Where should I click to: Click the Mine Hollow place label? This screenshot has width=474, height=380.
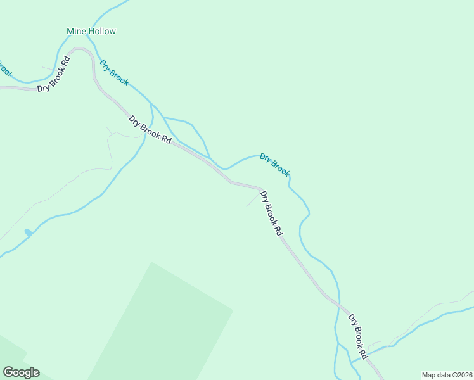(91, 31)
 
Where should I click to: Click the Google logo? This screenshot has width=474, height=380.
(21, 372)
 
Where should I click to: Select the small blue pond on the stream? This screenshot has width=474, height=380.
(28, 233)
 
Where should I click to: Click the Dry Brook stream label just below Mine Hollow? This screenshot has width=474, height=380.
(114, 72)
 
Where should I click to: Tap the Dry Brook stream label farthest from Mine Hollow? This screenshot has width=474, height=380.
(275, 165)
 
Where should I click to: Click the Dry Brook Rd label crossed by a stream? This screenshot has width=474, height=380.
(150, 130)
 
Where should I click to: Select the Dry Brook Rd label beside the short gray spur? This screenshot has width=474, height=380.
(271, 213)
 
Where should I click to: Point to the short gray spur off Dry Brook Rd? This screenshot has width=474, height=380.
(252, 199)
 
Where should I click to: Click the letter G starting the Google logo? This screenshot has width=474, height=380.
(8, 372)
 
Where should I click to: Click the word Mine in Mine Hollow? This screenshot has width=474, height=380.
(75, 31)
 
